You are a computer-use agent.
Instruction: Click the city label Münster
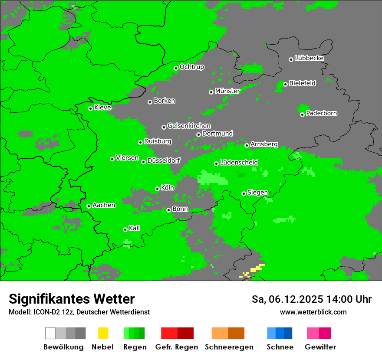click(x=227, y=91)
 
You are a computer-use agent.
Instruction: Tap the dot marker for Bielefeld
click(x=285, y=84)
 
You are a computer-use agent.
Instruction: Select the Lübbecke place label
click(x=309, y=58)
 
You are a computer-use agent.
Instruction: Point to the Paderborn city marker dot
click(x=302, y=115)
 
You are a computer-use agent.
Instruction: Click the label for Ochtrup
click(x=192, y=67)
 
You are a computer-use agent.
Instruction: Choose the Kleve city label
click(x=102, y=108)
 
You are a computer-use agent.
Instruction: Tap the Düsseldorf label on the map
click(x=164, y=160)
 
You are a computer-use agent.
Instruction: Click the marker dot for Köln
click(x=157, y=189)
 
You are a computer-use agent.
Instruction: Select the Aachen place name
click(x=104, y=205)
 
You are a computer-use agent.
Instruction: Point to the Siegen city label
click(x=257, y=193)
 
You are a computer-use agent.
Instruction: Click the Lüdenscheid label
click(x=239, y=163)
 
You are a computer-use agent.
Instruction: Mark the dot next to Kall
click(x=125, y=229)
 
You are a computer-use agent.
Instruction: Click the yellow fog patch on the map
click(x=256, y=269)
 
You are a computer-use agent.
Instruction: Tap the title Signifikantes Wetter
click(x=72, y=299)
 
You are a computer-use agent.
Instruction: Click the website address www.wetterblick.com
click(x=313, y=312)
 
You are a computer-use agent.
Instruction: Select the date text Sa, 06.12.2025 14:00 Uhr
click(x=311, y=299)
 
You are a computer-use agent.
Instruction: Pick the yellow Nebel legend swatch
click(x=103, y=333)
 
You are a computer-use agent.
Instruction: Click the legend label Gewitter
click(x=320, y=347)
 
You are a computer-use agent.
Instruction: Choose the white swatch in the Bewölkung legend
click(x=50, y=333)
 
